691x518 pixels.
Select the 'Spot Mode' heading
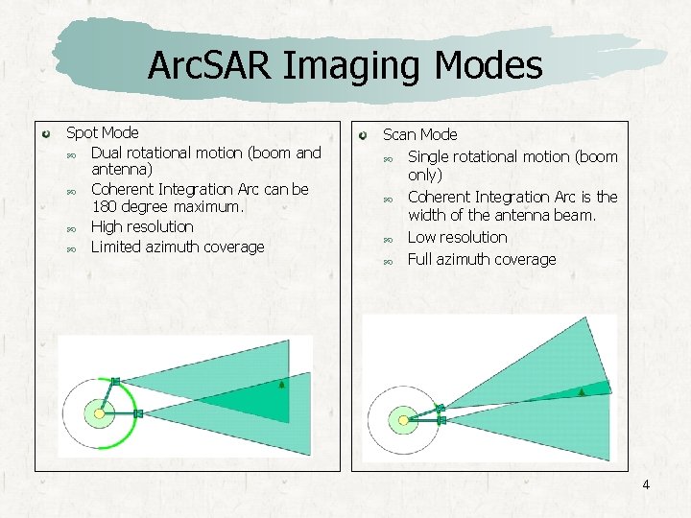pos(102,132)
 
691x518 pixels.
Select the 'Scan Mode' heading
pos(419,134)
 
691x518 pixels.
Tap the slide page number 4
pos(646,484)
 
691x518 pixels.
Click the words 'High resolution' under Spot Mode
pos(141,226)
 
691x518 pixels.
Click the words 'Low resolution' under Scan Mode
pos(457,237)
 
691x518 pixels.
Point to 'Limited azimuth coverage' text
pos(177,247)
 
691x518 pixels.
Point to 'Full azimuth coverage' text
pos(481,259)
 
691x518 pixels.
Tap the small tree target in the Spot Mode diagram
pos(281,385)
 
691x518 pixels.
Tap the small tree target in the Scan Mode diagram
pos(582,391)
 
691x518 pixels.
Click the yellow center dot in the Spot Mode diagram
pos(98,414)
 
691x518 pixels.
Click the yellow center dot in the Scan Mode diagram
pos(403,419)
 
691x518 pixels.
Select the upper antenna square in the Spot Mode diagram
pos(115,381)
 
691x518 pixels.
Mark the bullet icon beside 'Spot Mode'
pos(47,131)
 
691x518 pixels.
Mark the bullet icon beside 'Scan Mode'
pos(364,133)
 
